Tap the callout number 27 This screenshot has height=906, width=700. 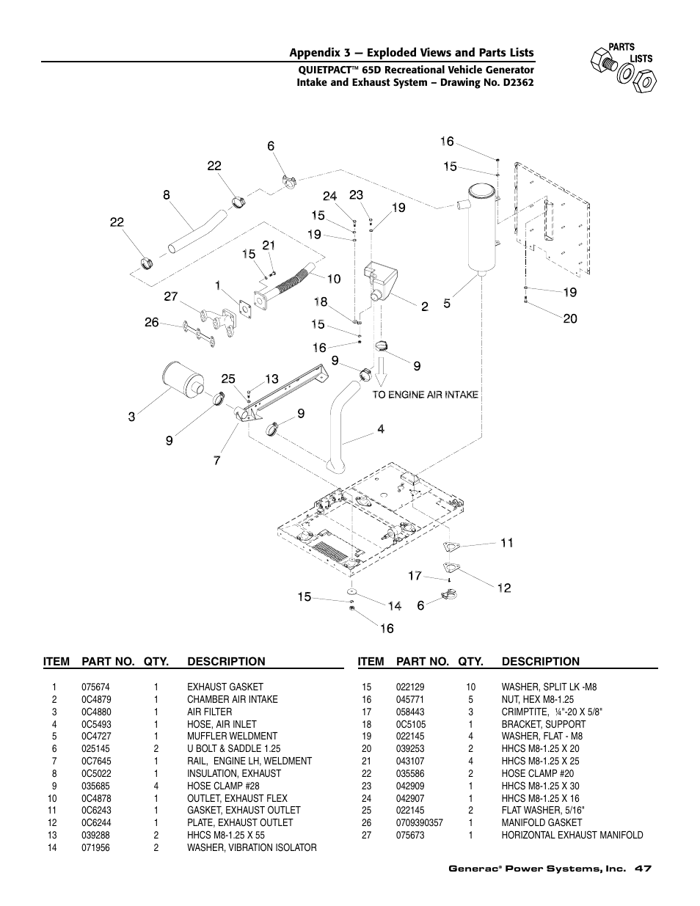coord(171,296)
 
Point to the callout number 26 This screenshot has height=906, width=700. coord(151,322)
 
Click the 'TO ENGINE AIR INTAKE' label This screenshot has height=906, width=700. coord(425,395)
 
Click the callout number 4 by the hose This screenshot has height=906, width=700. coord(381,429)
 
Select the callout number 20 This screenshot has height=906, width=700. coord(570,318)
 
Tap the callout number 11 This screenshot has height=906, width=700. coord(507,543)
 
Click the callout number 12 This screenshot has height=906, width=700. coord(504,588)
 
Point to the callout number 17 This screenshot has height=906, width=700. coord(415,576)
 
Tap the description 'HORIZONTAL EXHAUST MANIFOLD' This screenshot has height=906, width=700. coord(572,835)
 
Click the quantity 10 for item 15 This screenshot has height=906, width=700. coord(470,687)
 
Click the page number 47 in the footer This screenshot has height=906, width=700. coord(644,869)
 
